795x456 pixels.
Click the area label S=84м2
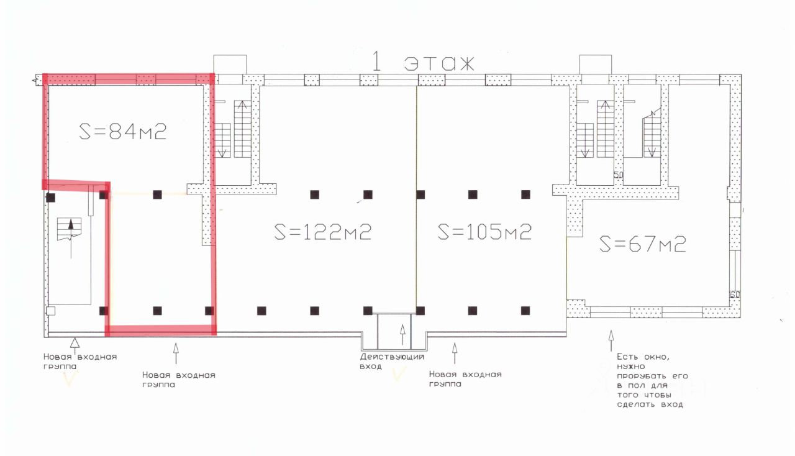(x=123, y=132)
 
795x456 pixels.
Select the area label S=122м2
(x=323, y=232)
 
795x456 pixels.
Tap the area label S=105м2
(x=485, y=232)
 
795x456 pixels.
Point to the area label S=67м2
(x=643, y=244)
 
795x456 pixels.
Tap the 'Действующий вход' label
(x=392, y=362)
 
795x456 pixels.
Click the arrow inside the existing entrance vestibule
(x=402, y=335)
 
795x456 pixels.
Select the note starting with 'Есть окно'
(x=650, y=380)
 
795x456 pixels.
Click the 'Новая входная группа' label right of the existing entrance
(x=465, y=379)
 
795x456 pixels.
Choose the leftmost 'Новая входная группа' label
(x=79, y=361)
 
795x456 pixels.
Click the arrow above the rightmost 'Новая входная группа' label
(x=455, y=352)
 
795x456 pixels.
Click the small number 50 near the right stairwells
(x=618, y=176)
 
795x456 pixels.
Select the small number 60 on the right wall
(x=735, y=295)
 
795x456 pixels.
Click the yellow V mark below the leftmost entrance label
(x=69, y=380)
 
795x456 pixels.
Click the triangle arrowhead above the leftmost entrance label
(x=74, y=342)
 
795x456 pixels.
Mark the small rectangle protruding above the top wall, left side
(x=230, y=64)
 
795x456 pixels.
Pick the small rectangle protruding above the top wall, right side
(x=596, y=64)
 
